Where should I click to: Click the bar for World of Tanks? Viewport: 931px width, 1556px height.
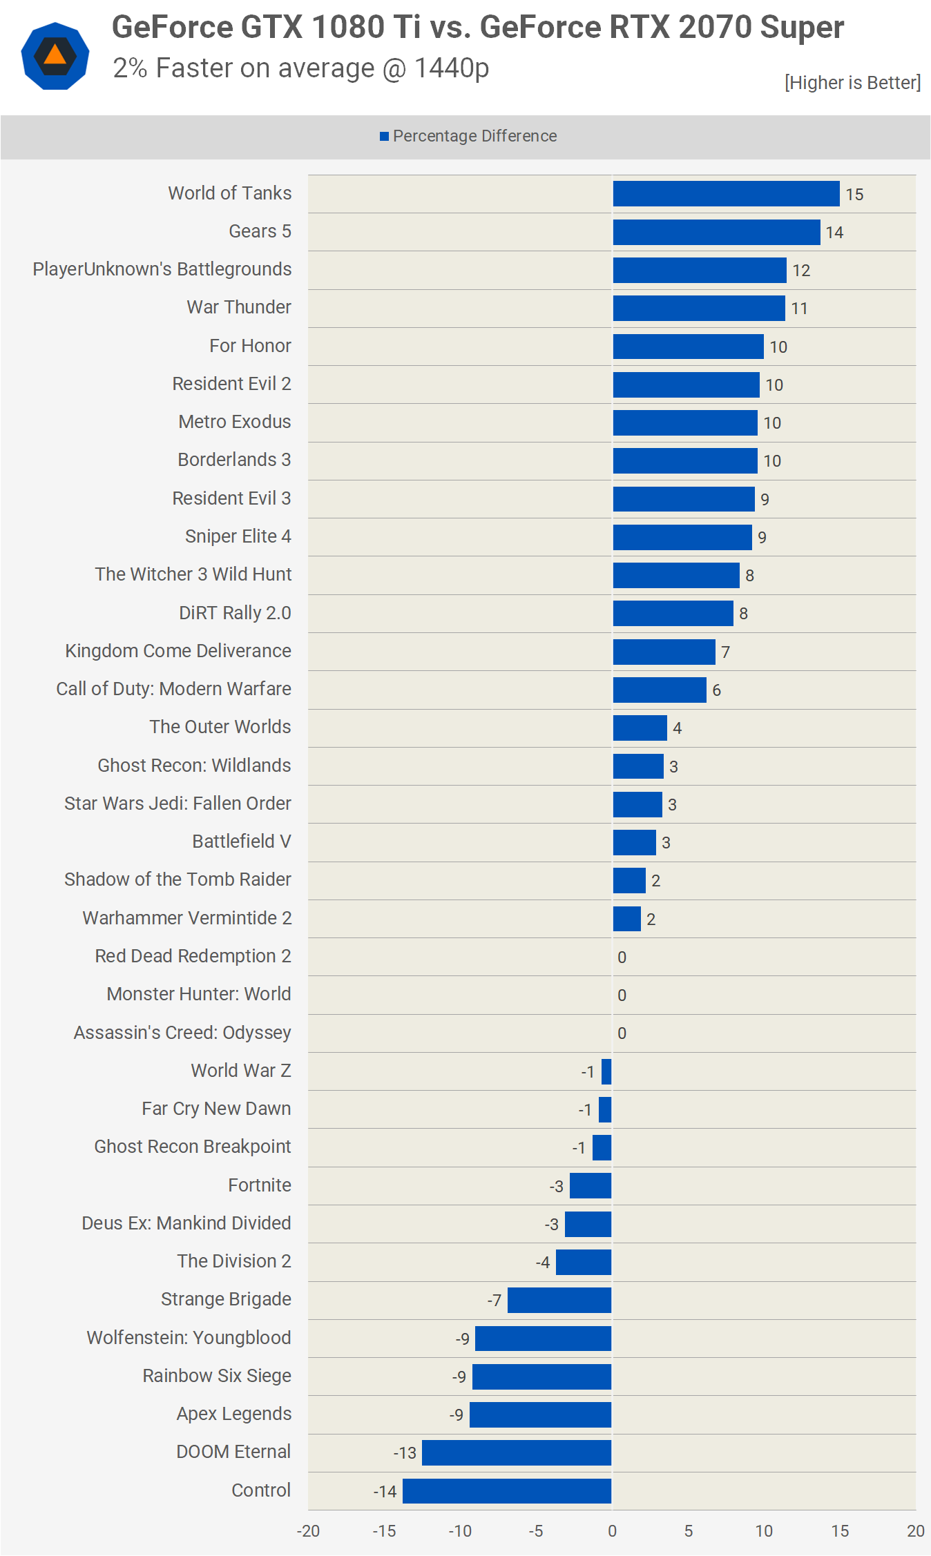tap(726, 194)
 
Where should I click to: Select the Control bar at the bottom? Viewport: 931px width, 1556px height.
tap(507, 1491)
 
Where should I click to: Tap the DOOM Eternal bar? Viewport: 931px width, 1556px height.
tap(517, 1452)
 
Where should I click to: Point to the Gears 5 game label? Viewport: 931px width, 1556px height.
tap(260, 231)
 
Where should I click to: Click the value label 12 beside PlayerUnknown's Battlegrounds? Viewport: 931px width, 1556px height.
tap(801, 271)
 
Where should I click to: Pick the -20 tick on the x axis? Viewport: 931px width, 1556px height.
tap(308, 1531)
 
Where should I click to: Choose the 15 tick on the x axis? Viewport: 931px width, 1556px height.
tap(840, 1531)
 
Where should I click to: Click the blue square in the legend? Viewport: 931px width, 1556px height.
tap(384, 137)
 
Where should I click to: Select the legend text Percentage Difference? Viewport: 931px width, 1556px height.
tap(474, 136)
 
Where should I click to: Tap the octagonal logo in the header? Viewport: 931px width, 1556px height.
tap(55, 56)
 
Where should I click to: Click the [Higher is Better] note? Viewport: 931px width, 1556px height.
tap(852, 83)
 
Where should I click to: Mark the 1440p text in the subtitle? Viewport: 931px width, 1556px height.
tap(452, 68)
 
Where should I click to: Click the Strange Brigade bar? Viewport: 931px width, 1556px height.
tap(559, 1301)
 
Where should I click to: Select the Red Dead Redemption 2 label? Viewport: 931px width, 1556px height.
tap(193, 956)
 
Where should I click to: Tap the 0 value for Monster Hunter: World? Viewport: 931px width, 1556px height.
tap(622, 995)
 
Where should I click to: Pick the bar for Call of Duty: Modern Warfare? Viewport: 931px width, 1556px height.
tap(660, 690)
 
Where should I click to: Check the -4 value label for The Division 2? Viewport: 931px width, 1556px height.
tap(543, 1263)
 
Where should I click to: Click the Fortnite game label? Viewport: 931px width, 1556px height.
tap(260, 1185)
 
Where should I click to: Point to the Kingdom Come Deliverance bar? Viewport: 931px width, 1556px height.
tap(664, 652)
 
